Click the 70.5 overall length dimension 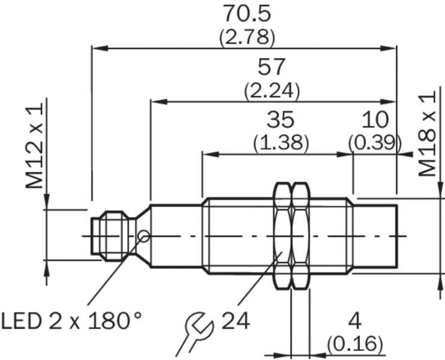click(x=246, y=14)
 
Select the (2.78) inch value click(x=247, y=37)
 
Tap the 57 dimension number click(x=271, y=67)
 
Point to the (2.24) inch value click(x=272, y=91)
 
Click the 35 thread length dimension click(x=281, y=119)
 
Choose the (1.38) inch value click(x=281, y=142)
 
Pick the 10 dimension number click(x=374, y=119)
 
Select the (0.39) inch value click(x=375, y=142)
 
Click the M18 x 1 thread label click(x=427, y=134)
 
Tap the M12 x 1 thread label click(x=34, y=145)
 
